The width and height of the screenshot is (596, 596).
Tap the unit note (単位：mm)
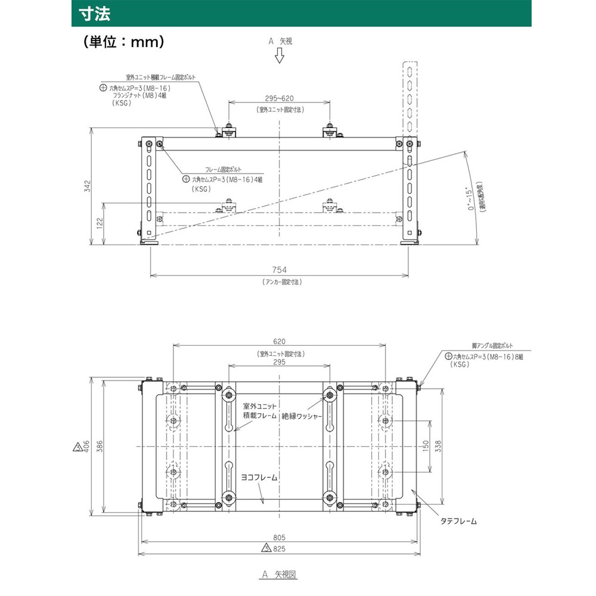124,42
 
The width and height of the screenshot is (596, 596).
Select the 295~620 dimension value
279,99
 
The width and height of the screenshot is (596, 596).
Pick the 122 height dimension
100,223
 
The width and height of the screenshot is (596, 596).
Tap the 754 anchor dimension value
280,269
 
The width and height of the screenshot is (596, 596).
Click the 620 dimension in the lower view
280,342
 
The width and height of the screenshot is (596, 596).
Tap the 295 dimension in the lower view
280,362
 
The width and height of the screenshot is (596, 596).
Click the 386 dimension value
100,446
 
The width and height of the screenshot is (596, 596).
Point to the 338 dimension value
437,446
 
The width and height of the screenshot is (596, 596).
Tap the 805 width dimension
280,536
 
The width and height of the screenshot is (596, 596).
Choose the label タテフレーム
458,521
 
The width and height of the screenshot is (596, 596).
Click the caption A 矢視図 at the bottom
279,575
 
